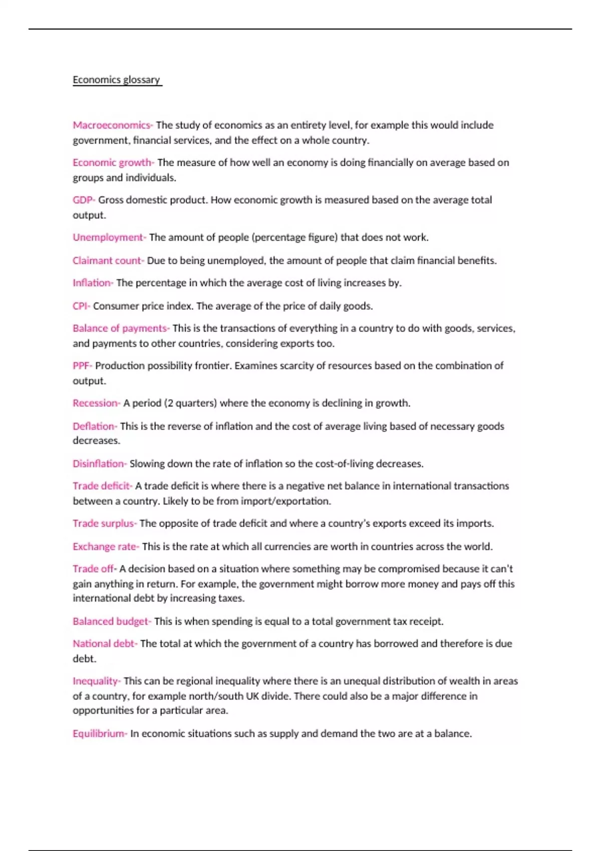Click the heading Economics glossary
116,80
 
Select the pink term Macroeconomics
112,125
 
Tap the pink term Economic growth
112,163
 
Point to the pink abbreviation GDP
83,200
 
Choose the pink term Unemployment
108,237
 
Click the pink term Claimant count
107,260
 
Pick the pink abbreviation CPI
80,306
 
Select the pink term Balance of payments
120,328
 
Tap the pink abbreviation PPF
81,365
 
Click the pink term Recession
95,403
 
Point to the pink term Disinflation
99,464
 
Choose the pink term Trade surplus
104,524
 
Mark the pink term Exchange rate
105,547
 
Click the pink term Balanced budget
111,621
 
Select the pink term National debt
104,644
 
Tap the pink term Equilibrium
99,734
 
